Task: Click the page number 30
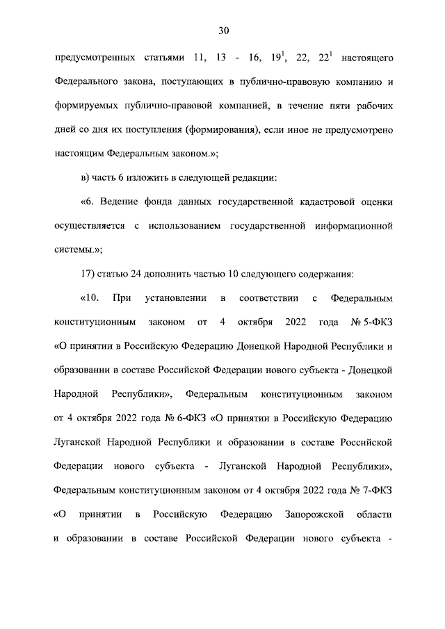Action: [223, 30]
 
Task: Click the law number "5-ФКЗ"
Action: [376, 322]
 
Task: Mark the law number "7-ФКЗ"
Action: [376, 490]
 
